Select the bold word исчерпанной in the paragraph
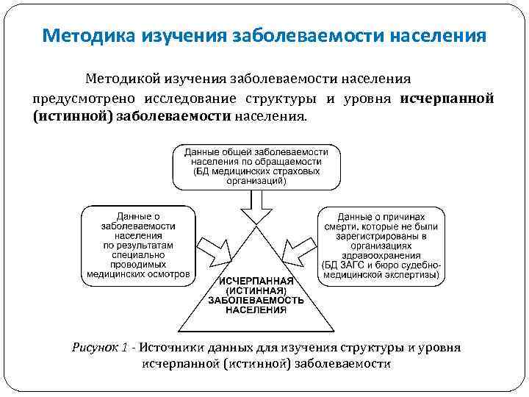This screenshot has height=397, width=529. coord(447,99)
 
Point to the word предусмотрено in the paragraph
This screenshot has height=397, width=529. coord(81,99)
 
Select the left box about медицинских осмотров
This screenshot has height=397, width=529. coord(138,246)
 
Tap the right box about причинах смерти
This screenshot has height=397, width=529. coord(381,246)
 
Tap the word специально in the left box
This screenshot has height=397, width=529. coord(138,255)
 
